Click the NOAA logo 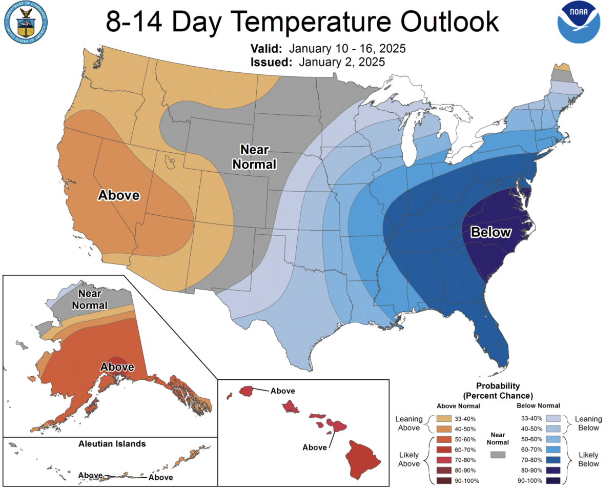pyautogui.click(x=579, y=22)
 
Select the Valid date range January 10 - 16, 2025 pyautogui.click(x=347, y=49)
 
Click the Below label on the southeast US pyautogui.click(x=490, y=232)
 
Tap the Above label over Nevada pyautogui.click(x=119, y=195)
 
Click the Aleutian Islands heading pyautogui.click(x=111, y=443)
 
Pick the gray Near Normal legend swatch pyautogui.click(x=498, y=455)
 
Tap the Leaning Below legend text pyautogui.click(x=587, y=423)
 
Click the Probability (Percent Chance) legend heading pyautogui.click(x=498, y=391)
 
